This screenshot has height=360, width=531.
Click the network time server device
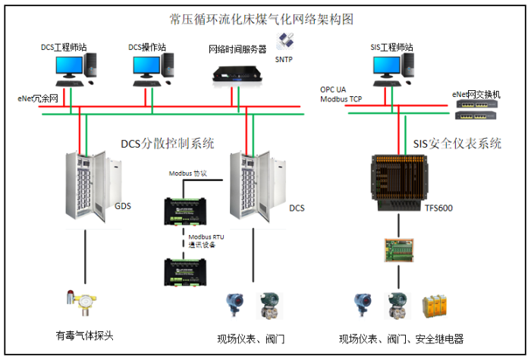pos(237,73)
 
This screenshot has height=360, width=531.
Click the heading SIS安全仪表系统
pos(457,142)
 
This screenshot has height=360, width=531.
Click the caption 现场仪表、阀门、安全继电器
pos(401,339)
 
